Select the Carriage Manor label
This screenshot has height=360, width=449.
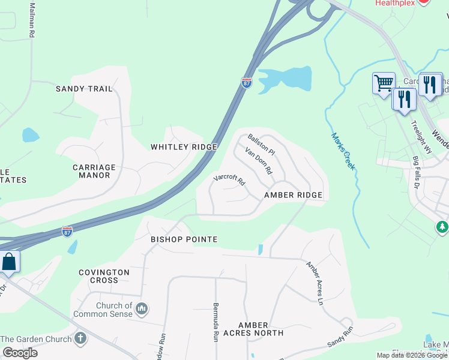point(94,172)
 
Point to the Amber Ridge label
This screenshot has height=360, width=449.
point(294,196)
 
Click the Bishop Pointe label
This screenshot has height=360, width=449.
point(184,239)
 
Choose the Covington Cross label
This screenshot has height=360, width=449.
point(104,276)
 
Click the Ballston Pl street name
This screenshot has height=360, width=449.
point(261,143)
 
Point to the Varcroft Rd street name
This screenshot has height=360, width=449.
point(230,178)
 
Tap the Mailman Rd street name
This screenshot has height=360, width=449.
point(31,20)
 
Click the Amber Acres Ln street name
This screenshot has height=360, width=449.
point(315,283)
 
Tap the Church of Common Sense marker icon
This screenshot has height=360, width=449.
point(142,310)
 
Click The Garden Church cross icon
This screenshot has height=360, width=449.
point(80,338)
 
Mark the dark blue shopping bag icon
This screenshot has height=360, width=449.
point(9,262)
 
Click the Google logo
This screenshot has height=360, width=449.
point(20,353)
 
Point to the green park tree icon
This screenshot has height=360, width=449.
point(442,227)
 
